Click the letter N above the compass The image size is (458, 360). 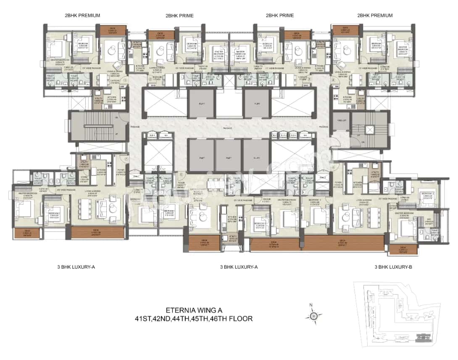pyautogui.click(x=311, y=305)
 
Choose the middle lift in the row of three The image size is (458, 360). pyautogui.click(x=229, y=155)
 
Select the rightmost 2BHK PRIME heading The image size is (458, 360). pyautogui.click(x=279, y=16)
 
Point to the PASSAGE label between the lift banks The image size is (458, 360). pyautogui.click(x=229, y=126)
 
